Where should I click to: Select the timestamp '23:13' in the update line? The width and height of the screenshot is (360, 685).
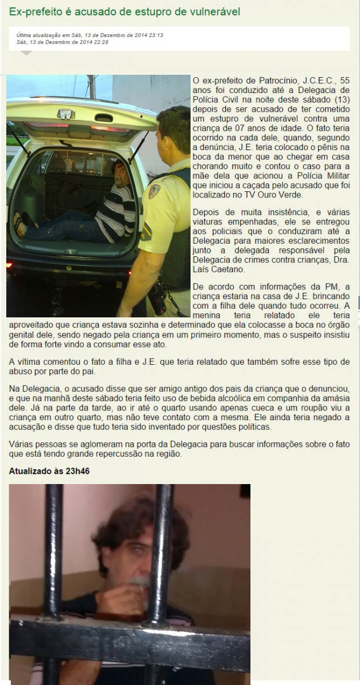point(154,35)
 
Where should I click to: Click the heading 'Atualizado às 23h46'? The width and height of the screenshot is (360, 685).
point(50,471)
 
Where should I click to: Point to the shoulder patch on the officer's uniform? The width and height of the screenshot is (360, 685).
point(155,191)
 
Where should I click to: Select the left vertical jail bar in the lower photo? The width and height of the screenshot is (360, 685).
point(53,571)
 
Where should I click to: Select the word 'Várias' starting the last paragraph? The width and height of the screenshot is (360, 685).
point(22,444)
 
